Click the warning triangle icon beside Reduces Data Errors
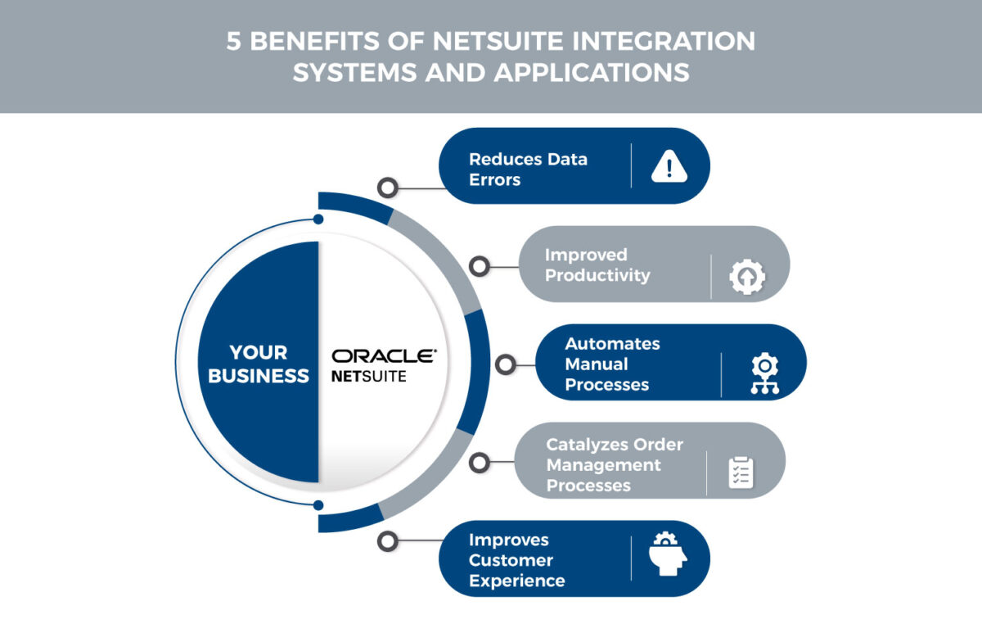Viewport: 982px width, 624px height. [669, 166]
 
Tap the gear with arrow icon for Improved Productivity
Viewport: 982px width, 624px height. [747, 277]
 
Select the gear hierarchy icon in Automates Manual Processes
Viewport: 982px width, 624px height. [764, 374]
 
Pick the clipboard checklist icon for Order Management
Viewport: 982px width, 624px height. [741, 473]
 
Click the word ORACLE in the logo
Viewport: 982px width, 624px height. [384, 356]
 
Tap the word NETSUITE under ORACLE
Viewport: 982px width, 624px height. [368, 378]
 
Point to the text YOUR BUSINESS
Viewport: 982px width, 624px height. [259, 364]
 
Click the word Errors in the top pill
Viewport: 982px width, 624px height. [494, 179]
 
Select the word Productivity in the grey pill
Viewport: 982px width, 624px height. [597, 275]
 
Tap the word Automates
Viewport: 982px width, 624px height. [612, 343]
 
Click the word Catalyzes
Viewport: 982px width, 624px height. [584, 445]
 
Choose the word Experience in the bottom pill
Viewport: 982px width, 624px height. [516, 581]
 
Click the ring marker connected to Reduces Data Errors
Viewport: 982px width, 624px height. [388, 188]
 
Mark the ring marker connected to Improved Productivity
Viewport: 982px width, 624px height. [480, 266]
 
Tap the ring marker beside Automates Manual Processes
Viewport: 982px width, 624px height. [505, 364]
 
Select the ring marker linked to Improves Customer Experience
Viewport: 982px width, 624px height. [388, 540]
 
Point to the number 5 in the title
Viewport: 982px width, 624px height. [234, 43]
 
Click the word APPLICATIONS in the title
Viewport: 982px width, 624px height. [591, 72]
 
